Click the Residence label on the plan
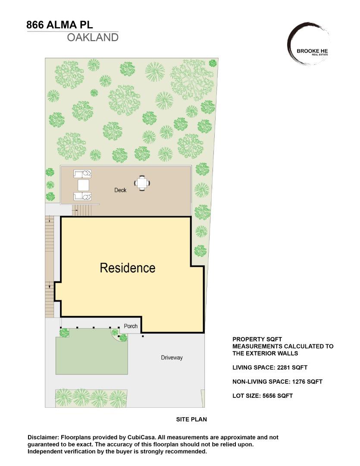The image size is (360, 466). (x=127, y=268)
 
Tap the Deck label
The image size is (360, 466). (x=120, y=190)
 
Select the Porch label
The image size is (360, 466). (x=131, y=326)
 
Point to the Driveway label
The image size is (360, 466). (x=172, y=358)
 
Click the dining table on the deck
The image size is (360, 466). (x=142, y=183)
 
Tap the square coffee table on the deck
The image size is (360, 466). (x=83, y=185)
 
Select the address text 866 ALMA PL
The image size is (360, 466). (x=59, y=25)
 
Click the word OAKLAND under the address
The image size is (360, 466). (x=92, y=38)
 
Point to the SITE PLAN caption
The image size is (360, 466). (x=191, y=419)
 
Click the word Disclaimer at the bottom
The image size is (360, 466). (x=44, y=437)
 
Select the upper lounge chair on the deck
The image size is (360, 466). (x=83, y=173)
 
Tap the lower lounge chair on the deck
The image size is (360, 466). (x=83, y=197)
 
